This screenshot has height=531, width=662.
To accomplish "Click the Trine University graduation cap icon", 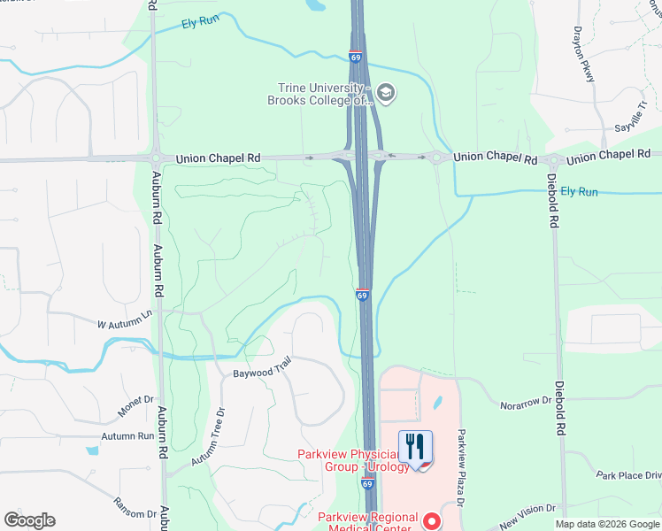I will (x=385, y=91).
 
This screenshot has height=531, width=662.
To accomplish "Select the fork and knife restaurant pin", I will (x=415, y=447).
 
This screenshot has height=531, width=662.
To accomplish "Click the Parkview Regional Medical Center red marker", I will (x=433, y=521).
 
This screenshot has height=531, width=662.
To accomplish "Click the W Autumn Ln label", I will (x=125, y=321).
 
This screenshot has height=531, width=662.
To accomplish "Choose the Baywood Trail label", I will (x=262, y=368).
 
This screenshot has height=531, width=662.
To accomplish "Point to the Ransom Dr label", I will (x=135, y=507).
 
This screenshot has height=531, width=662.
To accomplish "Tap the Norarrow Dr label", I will (x=526, y=401).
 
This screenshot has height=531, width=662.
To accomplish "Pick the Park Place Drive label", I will (x=627, y=475).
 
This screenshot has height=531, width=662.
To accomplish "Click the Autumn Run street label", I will (x=127, y=436).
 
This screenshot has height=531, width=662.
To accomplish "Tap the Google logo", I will (x=29, y=520).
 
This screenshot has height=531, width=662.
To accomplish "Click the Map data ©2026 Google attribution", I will (x=606, y=524).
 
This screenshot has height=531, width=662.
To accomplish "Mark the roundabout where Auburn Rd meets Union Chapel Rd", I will (x=155, y=158).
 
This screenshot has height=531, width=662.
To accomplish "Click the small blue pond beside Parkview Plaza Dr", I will (x=438, y=403).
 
